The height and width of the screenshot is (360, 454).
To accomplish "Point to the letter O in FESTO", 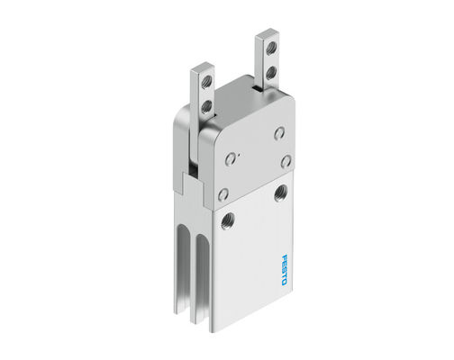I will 281,283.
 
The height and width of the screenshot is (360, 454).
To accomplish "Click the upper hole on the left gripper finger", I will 206,84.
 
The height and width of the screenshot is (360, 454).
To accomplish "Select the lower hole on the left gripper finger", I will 206,105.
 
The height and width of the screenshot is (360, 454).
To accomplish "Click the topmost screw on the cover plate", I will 279,132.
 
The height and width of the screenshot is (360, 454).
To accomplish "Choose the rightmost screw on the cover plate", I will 286,161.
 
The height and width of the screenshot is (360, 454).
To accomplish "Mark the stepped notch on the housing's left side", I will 183,184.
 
